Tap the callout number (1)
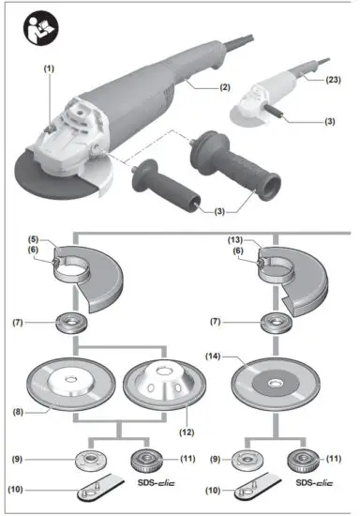pyautogui.click(x=48, y=68)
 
